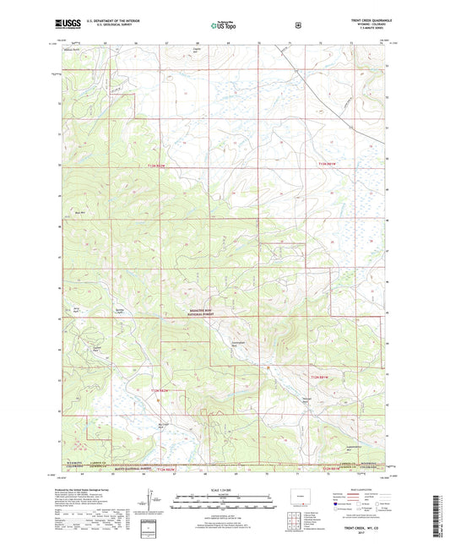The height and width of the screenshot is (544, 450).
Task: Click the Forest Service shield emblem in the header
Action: (x=296, y=25)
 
